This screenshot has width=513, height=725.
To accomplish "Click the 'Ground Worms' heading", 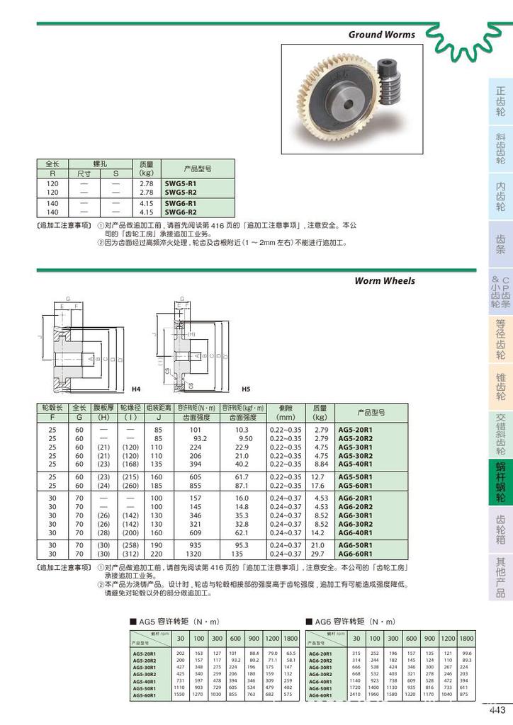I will [381, 34].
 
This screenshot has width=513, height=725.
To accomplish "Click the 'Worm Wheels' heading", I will [385, 281].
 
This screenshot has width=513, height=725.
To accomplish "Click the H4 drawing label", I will [137, 389].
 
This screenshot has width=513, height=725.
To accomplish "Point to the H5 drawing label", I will [246, 389].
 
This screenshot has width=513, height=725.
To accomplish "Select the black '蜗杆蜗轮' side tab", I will [500, 482].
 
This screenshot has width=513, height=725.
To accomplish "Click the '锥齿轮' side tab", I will [500, 386].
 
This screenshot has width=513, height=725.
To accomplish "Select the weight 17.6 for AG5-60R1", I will [320, 486].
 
